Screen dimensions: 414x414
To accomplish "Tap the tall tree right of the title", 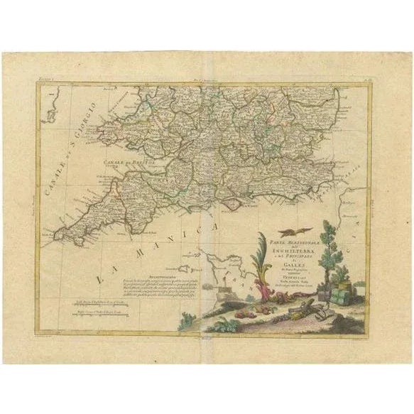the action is [329, 249].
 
